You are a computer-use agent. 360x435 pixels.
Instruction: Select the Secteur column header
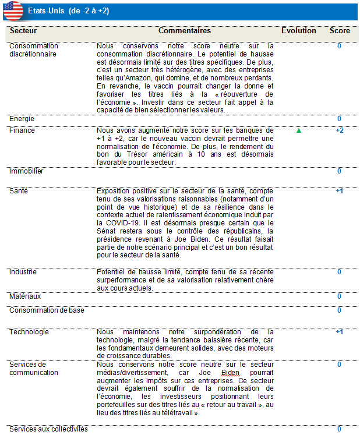(x=23, y=30)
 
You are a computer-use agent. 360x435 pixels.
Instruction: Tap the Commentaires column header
(x=185, y=30)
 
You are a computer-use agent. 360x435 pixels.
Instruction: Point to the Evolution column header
(x=299, y=30)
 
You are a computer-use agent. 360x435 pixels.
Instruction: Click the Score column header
(x=340, y=30)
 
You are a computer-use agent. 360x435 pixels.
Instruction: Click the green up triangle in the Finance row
(x=299, y=131)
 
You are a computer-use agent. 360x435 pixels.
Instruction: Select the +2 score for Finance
(x=340, y=130)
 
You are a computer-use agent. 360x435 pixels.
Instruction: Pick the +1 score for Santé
(x=340, y=191)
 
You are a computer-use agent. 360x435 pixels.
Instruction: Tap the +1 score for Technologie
(x=340, y=332)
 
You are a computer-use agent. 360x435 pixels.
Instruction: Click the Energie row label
(x=22, y=119)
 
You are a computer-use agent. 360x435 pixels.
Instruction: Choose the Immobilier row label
(x=26, y=171)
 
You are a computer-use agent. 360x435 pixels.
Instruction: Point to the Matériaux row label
(x=25, y=296)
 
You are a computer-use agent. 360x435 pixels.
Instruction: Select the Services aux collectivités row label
(x=48, y=429)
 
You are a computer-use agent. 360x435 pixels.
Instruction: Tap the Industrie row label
(x=23, y=271)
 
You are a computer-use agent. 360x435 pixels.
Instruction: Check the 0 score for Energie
(x=340, y=119)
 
